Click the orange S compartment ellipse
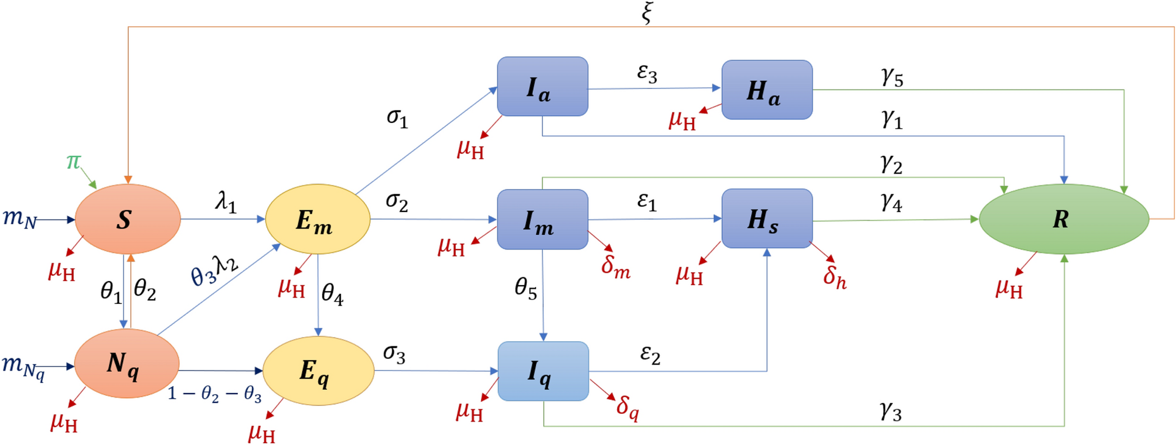127,219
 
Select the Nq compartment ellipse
127,364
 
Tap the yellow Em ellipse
318,219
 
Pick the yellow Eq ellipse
318,371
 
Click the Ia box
543,87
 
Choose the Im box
543,220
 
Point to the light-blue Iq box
543,371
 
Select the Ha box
767,90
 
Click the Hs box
767,218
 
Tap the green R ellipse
1063,219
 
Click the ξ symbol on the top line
646,13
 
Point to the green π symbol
73,161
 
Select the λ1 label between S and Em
226,203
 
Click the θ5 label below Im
526,288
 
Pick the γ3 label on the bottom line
891,411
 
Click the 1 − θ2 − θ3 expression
214,394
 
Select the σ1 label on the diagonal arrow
397,117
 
